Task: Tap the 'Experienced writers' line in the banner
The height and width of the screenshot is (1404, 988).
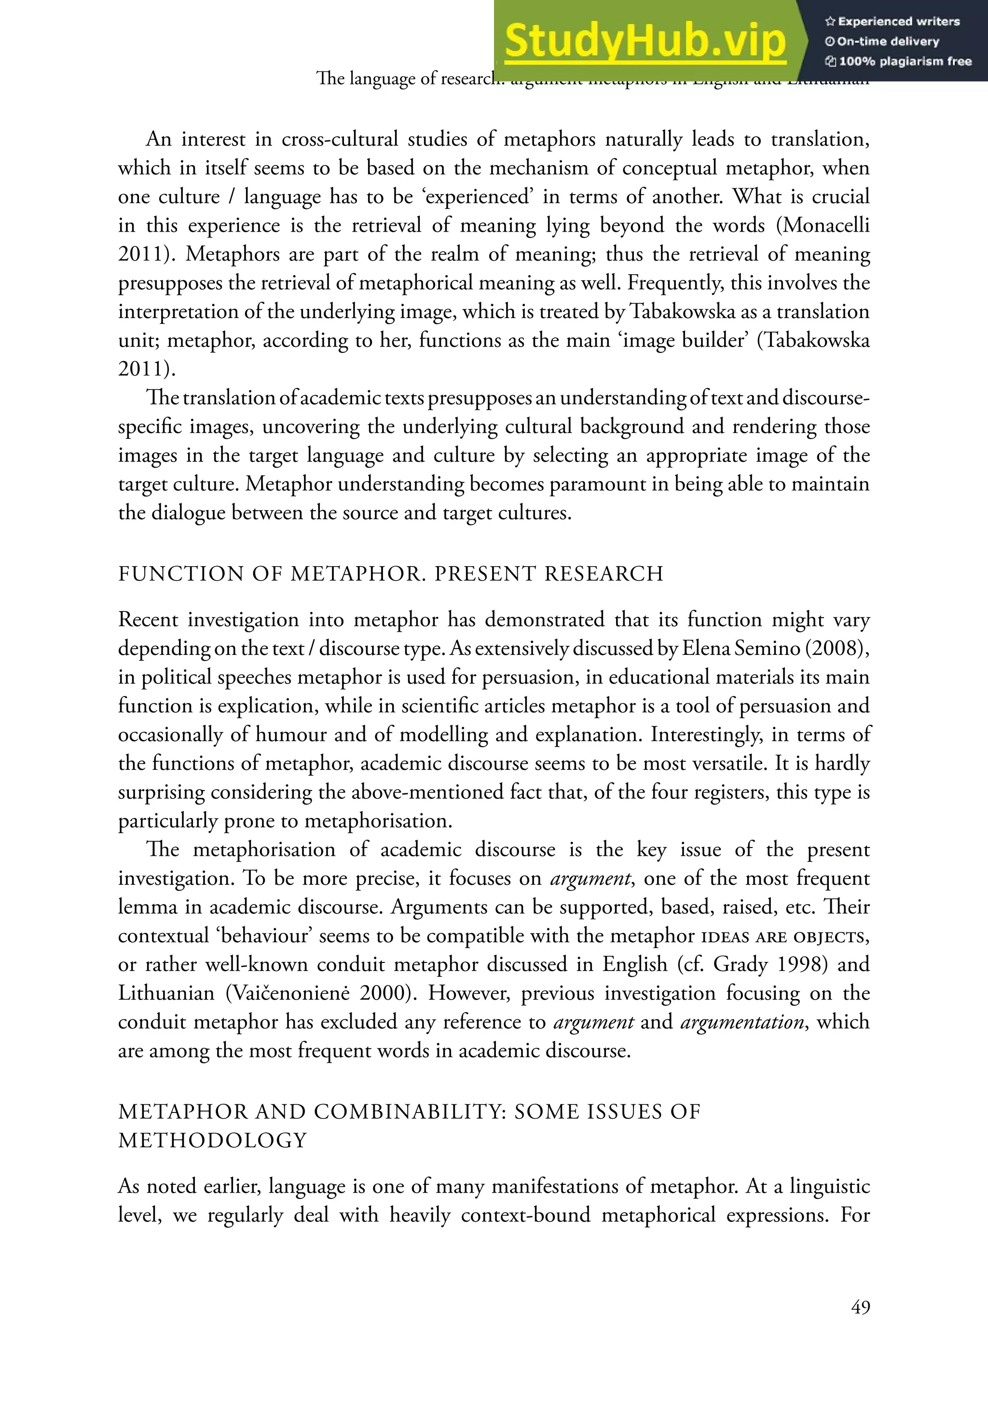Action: (x=892, y=21)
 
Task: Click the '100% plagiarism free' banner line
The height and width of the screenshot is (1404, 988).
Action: (x=898, y=61)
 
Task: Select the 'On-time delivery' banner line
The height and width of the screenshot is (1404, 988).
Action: (x=882, y=42)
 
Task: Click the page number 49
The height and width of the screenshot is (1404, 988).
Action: (x=860, y=1307)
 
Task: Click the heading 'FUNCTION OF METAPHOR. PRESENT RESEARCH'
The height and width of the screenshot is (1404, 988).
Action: (x=391, y=573)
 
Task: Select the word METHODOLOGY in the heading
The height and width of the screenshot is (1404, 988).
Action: (x=212, y=1140)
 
